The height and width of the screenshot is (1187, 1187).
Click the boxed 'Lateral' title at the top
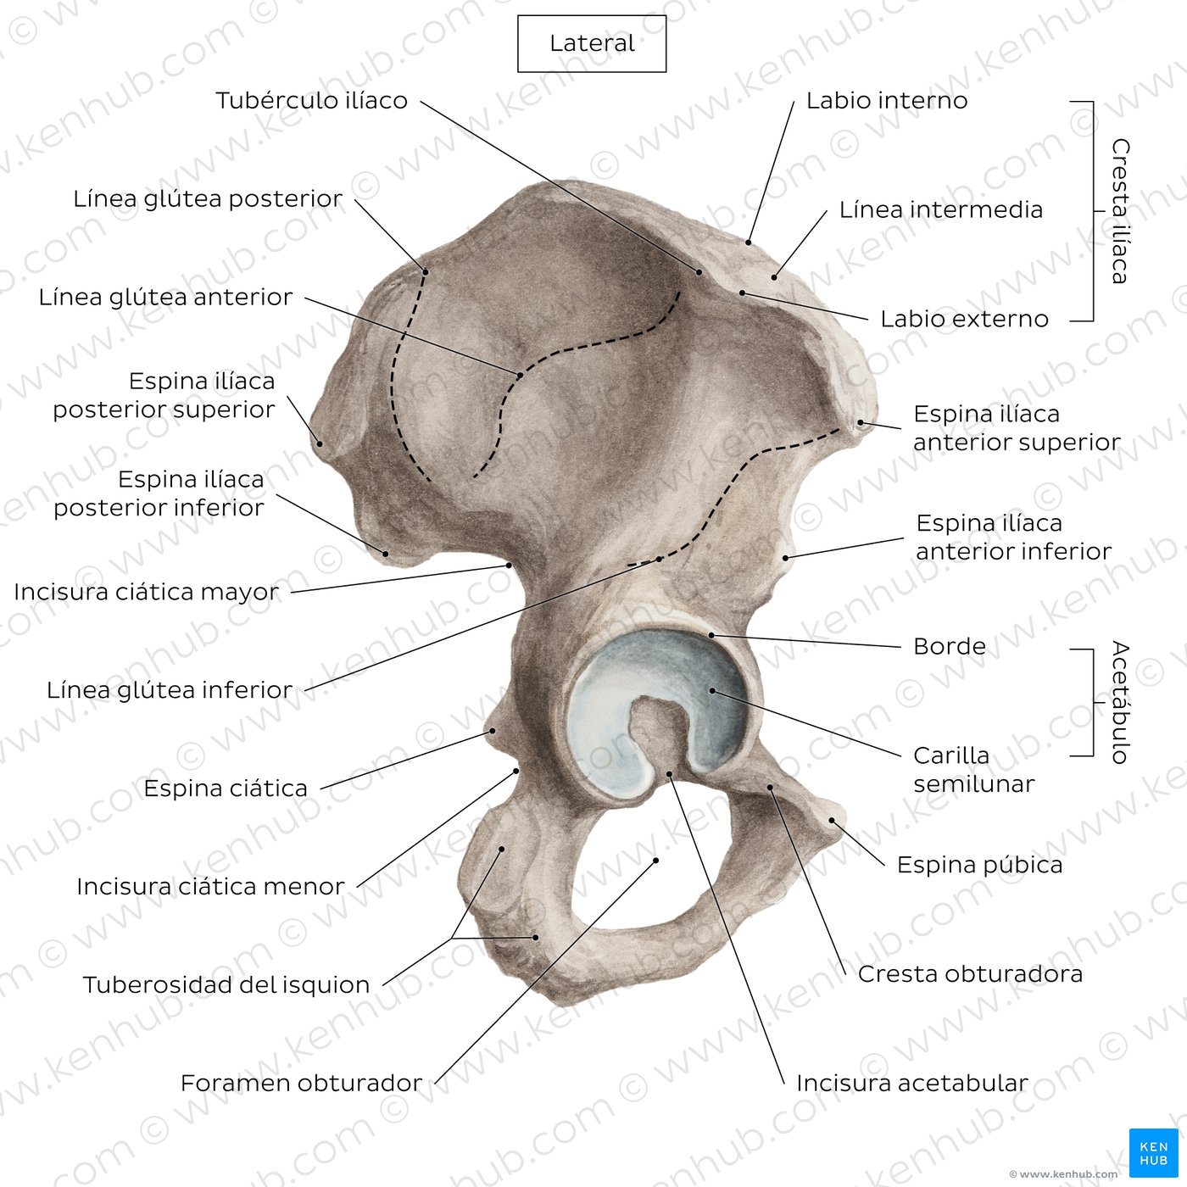tap(591, 43)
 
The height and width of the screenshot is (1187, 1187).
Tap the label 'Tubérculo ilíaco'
tap(312, 100)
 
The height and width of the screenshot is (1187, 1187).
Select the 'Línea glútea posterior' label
tap(208, 199)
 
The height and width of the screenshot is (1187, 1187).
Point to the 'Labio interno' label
tap(887, 100)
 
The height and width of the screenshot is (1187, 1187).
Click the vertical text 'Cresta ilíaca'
tap(1120, 210)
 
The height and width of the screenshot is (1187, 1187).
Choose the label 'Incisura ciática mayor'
tap(147, 592)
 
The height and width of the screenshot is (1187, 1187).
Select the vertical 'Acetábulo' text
tap(1120, 702)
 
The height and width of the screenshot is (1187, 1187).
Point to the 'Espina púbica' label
tap(980, 865)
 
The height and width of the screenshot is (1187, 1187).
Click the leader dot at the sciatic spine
tap(493, 731)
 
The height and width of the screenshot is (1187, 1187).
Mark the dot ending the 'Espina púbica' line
tap(832, 821)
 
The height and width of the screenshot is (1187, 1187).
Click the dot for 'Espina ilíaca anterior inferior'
tap(785, 558)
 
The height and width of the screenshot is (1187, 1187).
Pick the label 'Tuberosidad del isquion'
tap(226, 985)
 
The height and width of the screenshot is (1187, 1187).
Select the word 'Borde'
tap(950, 646)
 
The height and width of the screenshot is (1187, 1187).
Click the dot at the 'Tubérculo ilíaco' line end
tap(699, 271)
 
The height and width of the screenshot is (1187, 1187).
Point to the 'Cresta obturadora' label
tap(970, 974)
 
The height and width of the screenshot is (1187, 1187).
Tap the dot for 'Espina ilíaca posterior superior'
tap(320, 443)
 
